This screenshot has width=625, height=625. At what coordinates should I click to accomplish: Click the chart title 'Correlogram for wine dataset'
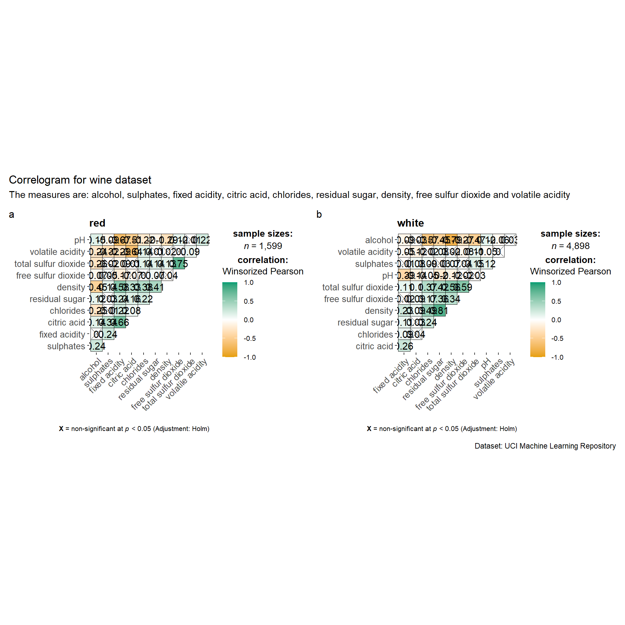(80, 180)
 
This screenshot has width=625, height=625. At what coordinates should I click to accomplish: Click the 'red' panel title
(97, 223)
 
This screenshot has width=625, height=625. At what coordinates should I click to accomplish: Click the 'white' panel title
(410, 223)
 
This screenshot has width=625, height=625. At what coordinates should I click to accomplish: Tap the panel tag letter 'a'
(11, 215)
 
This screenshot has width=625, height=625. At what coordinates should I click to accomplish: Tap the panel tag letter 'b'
(319, 215)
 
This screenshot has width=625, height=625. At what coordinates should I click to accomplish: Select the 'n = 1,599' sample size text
(263, 246)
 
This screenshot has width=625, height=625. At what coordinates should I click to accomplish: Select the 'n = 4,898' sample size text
(570, 246)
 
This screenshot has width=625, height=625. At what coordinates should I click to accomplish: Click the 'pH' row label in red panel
(79, 240)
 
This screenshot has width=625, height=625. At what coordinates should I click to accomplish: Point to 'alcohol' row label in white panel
(379, 240)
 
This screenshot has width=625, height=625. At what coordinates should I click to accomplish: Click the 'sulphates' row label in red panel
(66, 346)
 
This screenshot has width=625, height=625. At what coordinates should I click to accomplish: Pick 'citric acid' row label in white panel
(374, 346)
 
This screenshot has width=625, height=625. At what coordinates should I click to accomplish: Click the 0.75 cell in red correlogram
(179, 264)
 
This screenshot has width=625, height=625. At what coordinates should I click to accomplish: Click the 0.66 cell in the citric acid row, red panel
(120, 323)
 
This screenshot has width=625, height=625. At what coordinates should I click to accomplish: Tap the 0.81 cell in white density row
(440, 311)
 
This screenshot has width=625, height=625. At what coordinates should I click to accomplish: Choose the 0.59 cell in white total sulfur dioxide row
(463, 287)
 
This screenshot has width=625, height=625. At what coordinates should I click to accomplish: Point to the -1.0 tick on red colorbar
(250, 357)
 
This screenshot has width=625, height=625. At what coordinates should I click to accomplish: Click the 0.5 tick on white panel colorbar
(556, 301)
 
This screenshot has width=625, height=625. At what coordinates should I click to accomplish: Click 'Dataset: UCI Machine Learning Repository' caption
(545, 446)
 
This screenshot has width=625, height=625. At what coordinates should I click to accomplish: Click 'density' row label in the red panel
(71, 287)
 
